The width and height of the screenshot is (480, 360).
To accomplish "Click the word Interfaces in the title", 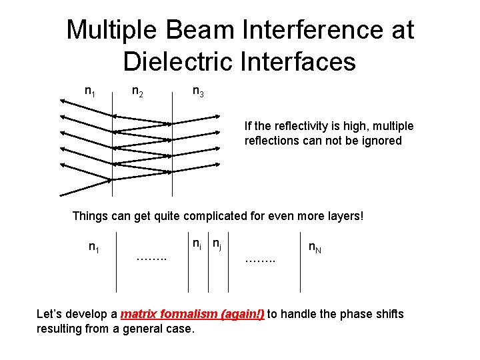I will coord(304,61).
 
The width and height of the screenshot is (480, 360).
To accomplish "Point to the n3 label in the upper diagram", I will coord(198,91).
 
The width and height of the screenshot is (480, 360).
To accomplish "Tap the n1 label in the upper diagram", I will coord(89,91).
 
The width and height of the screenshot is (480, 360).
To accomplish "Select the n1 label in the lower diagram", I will coord(94,248).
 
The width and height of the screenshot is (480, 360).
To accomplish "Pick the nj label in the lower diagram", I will coord(217,245).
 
